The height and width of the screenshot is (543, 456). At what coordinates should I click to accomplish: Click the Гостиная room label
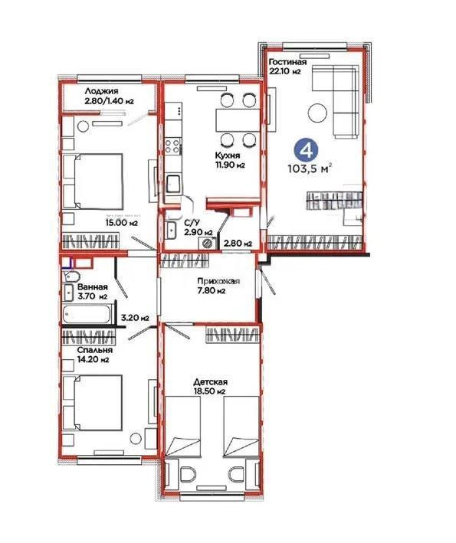point(287,62)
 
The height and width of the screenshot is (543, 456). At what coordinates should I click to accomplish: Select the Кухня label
point(226,153)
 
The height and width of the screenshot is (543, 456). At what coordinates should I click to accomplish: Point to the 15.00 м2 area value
point(122,223)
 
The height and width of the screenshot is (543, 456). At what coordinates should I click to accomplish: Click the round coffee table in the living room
point(317,114)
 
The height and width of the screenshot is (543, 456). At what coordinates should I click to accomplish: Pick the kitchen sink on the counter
point(175,184)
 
